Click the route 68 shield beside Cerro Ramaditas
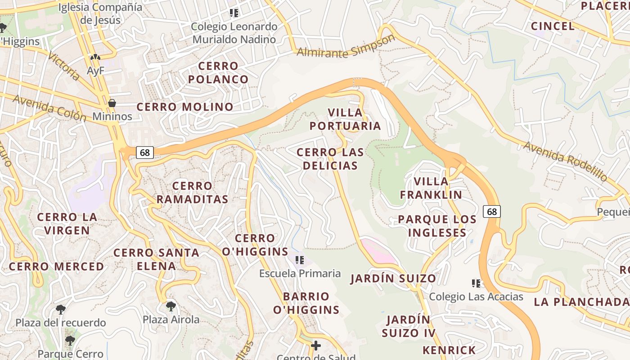pos(144,153)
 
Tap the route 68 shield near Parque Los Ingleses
pos(492,211)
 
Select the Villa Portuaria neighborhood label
pos(345,119)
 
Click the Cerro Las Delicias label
pos(330,159)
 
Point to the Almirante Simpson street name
pos(346,47)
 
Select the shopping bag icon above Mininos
pos(112,103)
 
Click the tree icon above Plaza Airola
pos(171,306)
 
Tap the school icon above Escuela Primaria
pos(300,260)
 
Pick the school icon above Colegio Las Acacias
pos(476,283)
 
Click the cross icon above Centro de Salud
pos(316,345)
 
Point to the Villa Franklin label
pos(431,188)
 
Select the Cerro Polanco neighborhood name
pos(218,72)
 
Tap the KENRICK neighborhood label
pos(449,350)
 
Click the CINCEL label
pos(553,26)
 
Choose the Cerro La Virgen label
pos(67,224)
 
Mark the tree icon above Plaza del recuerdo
pos(60,310)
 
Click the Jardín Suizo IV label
pos(409,326)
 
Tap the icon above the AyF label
pos(95,58)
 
